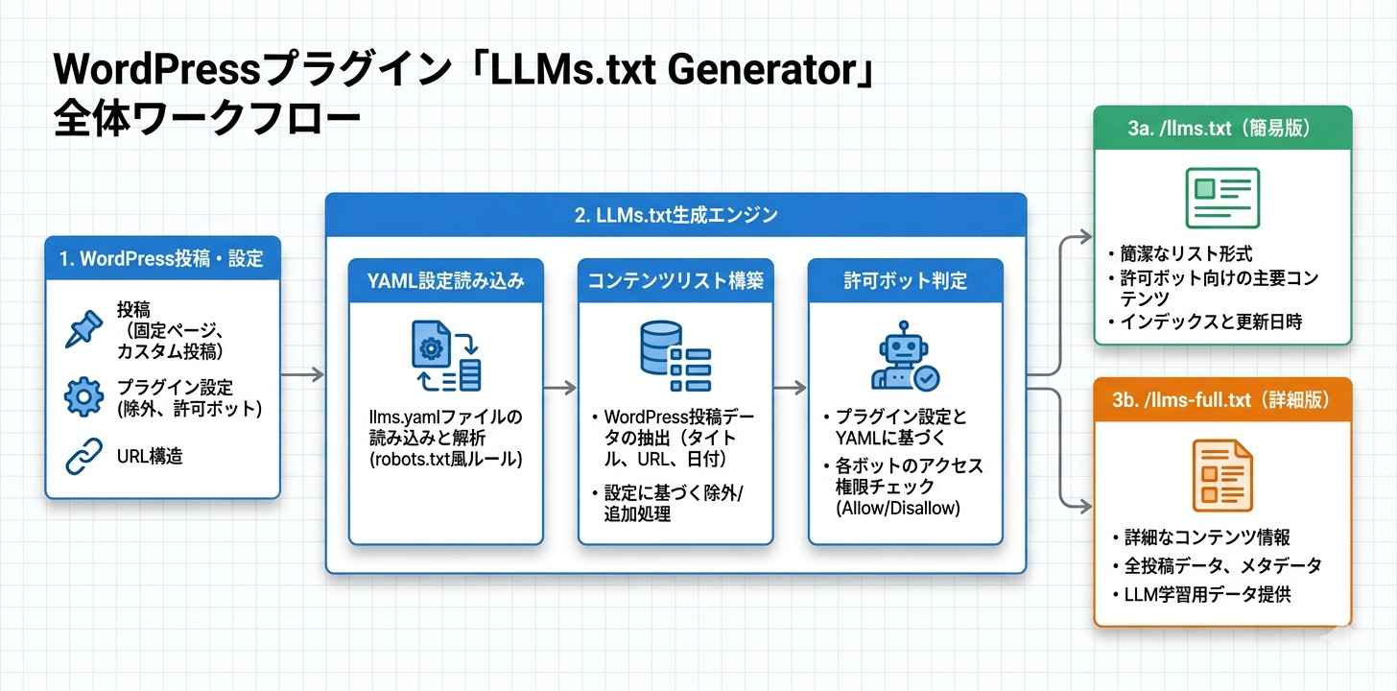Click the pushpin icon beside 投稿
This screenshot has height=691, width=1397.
83,327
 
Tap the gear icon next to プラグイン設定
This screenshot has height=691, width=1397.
83,397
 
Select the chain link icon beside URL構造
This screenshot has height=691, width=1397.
83,456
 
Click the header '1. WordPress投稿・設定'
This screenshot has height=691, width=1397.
161,258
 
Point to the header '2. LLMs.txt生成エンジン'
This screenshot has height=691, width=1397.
675,216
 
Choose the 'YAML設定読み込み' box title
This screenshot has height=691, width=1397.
445,281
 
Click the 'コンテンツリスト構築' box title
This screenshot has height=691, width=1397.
675,281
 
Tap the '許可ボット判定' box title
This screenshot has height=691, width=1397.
905,281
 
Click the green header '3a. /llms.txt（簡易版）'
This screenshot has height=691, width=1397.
1222,129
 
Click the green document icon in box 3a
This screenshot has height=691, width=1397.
1222,198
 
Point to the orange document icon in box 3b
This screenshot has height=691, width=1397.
1222,475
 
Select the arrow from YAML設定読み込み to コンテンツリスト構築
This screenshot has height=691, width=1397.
560,389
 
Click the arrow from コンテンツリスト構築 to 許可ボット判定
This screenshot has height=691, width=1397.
790,389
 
